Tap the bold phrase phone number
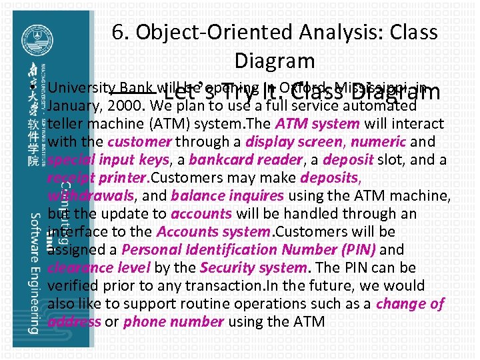(x=173, y=321)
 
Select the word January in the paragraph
(x=73, y=105)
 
